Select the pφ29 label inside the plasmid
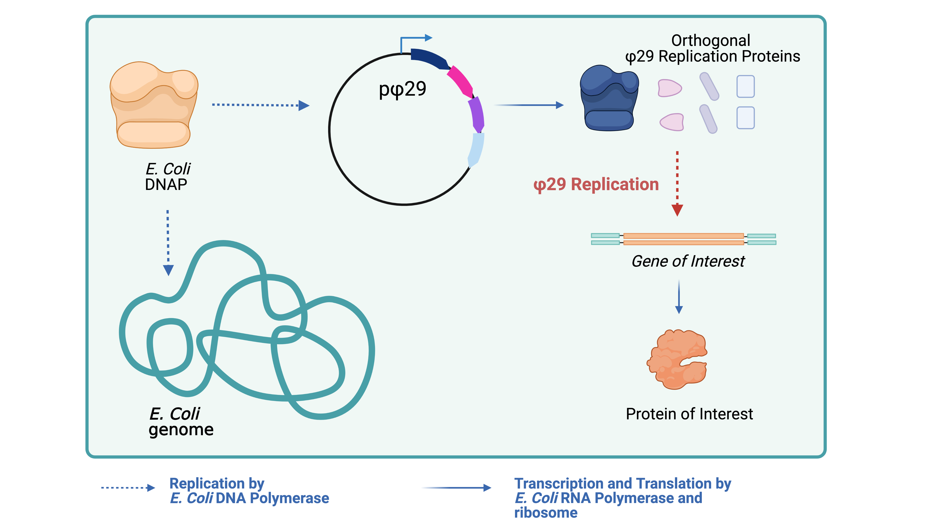402,89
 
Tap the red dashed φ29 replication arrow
677,184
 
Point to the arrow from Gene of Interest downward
679,297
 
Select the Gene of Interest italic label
688,261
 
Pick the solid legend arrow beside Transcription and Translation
456,488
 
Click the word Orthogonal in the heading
711,40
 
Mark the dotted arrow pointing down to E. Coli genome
168,242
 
